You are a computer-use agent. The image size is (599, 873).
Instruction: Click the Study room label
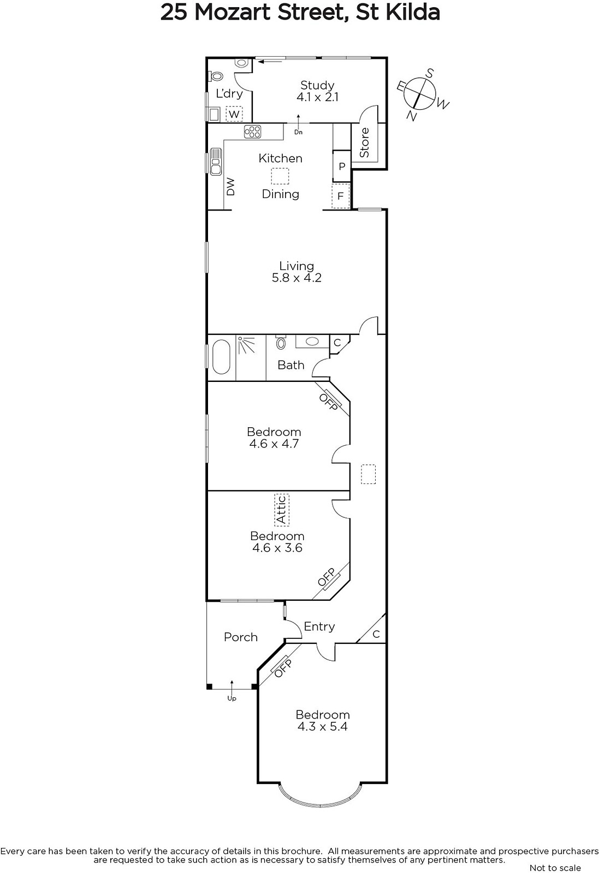[317, 85]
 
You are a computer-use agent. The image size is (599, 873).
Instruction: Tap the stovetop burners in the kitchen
[252, 131]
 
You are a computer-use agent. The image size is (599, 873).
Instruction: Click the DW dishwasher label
[231, 187]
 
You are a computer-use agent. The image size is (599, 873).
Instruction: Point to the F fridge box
[340, 196]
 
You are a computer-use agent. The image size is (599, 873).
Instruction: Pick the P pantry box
[342, 166]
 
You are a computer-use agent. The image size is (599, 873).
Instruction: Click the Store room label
[364, 142]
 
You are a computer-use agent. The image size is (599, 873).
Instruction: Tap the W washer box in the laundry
[234, 114]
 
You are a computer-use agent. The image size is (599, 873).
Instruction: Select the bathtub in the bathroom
[221, 357]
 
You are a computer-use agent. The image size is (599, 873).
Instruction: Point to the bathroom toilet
[281, 342]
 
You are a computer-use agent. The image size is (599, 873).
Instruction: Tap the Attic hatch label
[282, 510]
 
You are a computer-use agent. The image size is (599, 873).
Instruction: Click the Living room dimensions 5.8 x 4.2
[297, 278]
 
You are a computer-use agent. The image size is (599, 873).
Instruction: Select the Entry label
[319, 627]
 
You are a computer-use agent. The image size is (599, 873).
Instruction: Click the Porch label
[241, 637]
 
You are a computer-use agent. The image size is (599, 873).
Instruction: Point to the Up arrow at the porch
[232, 688]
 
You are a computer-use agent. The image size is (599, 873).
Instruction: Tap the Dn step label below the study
[298, 132]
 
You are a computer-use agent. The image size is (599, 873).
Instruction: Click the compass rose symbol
[419, 93]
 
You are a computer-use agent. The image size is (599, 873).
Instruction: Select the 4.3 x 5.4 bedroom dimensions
[322, 727]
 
